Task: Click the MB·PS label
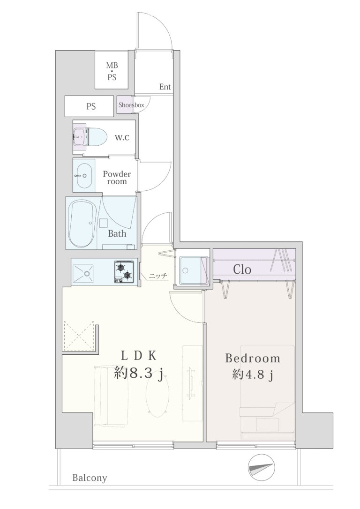point(112,71)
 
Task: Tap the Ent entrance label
point(165,87)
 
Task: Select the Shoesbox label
point(131,105)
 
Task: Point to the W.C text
point(122,137)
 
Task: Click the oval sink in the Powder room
point(84,176)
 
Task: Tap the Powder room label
point(117,178)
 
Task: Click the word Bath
point(117,233)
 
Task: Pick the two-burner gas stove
point(124,271)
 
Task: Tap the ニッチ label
point(158,276)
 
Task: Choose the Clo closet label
point(242,269)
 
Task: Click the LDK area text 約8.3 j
point(138,374)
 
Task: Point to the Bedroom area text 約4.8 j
point(253,375)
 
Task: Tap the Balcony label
point(90,478)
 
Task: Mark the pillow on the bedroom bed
point(268,425)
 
